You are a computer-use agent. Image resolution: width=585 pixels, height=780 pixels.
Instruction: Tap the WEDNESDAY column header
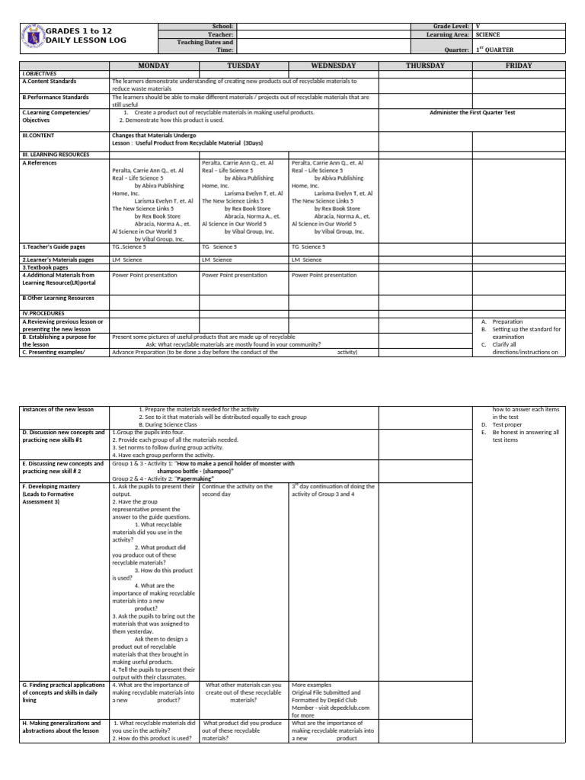334,66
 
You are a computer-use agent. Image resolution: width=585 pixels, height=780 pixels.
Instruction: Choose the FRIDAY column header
518,66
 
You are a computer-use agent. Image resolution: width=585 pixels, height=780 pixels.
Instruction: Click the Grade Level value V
478,26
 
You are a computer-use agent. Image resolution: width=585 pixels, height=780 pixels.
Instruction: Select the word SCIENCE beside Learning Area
487,35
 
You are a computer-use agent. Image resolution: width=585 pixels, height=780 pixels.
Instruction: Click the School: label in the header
225,26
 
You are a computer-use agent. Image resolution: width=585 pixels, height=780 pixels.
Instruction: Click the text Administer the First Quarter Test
472,112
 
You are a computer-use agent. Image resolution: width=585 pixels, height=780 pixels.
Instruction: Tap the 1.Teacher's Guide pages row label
53,247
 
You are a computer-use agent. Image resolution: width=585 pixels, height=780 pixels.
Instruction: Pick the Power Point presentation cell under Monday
145,275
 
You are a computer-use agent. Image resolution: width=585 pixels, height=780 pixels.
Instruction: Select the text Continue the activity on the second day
237,489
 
